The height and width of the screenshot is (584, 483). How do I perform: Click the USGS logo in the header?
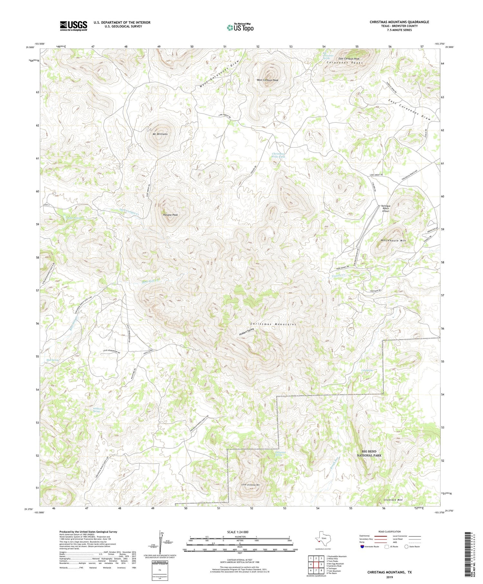click(x=73, y=26)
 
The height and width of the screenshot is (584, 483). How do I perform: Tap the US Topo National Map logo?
click(x=240, y=27)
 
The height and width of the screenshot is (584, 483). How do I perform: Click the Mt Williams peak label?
click(x=160, y=134)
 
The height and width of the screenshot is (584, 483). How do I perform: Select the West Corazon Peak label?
click(x=267, y=80)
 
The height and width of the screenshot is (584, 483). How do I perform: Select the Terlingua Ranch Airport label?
click(x=385, y=208)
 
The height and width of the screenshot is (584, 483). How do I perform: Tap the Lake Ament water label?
click(x=74, y=218)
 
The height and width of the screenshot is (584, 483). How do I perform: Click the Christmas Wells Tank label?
click(x=278, y=155)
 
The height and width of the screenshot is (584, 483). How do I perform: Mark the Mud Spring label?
click(x=52, y=360)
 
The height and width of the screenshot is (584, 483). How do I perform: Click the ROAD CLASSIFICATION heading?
click(x=390, y=531)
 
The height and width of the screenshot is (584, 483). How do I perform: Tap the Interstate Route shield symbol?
click(x=363, y=546)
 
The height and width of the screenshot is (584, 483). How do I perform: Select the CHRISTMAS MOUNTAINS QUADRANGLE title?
click(x=399, y=22)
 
